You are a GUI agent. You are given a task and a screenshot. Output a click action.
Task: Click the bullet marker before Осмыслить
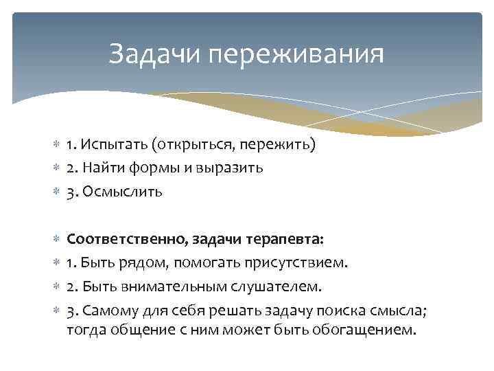pos(56,192)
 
